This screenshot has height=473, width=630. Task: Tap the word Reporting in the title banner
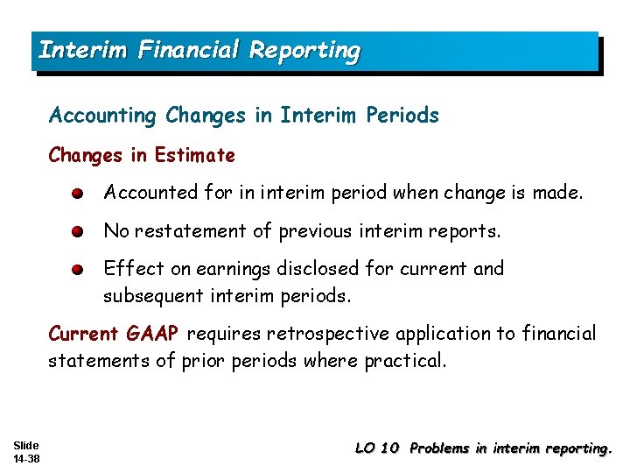(x=304, y=51)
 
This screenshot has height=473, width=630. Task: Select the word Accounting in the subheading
(x=103, y=116)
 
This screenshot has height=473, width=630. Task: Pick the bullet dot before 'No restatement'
(x=78, y=232)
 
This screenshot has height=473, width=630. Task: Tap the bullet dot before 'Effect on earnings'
(x=78, y=270)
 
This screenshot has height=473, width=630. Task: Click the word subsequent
(x=153, y=296)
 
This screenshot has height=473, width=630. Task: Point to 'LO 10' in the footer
(x=377, y=448)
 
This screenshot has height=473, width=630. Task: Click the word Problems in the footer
(x=439, y=448)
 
